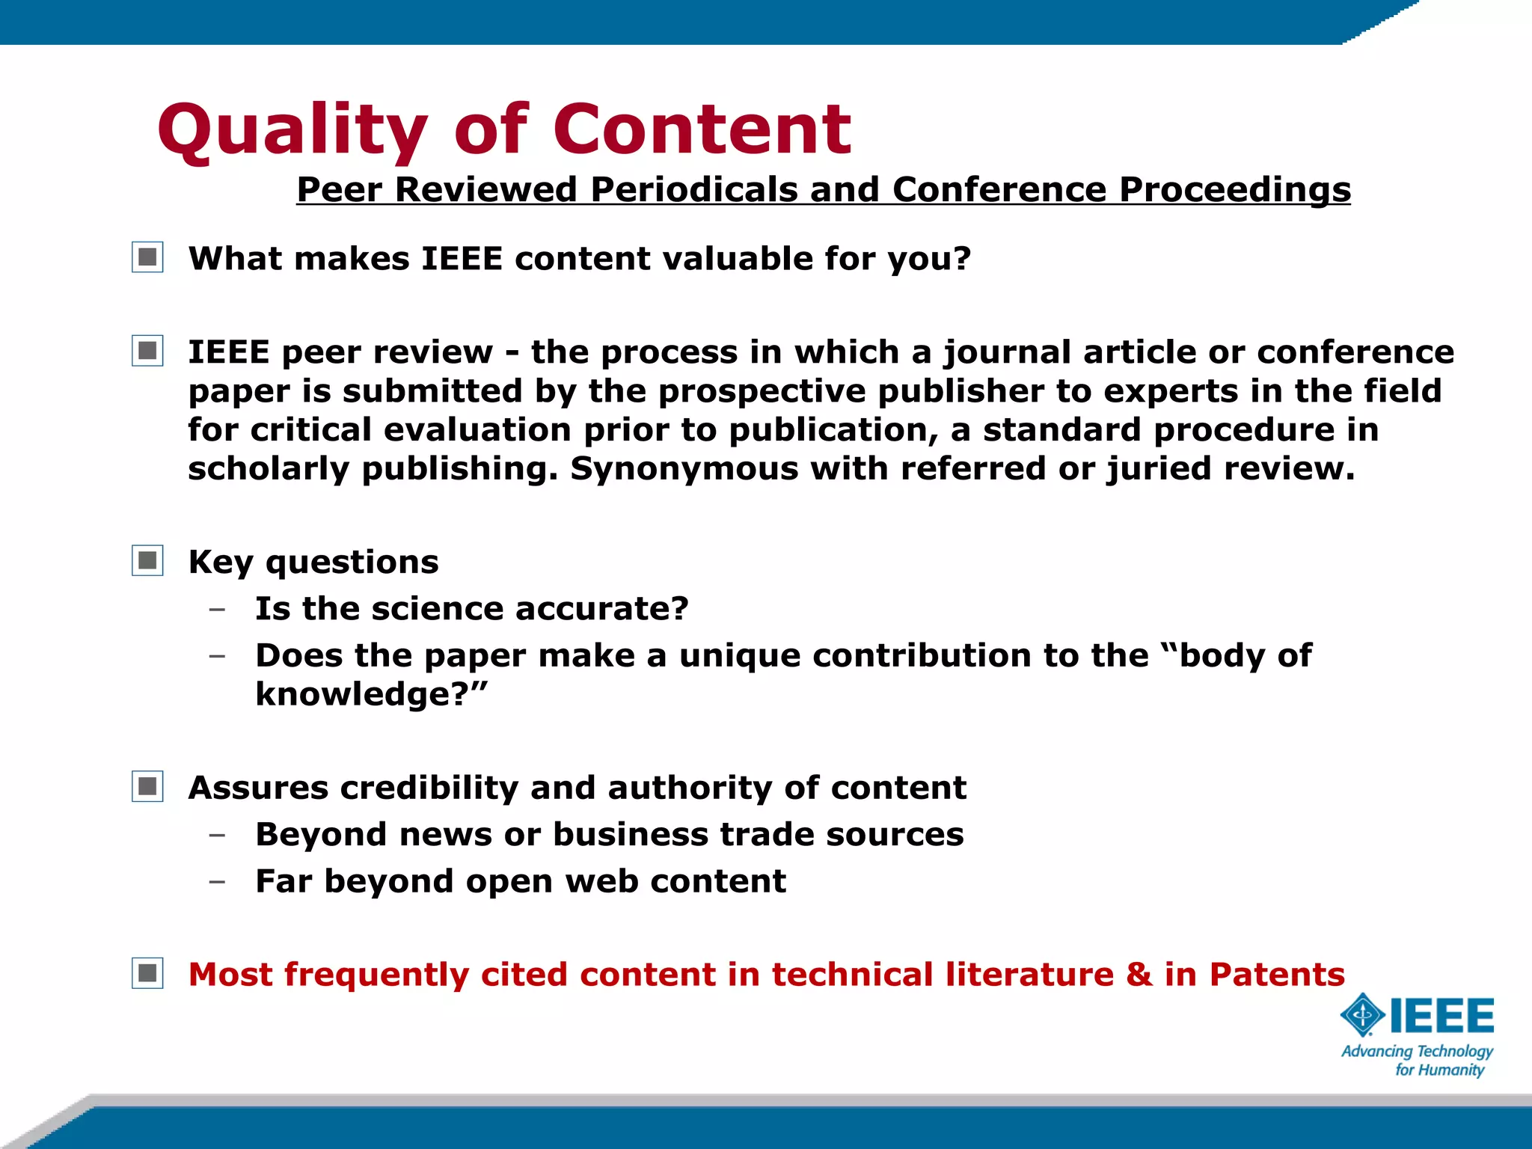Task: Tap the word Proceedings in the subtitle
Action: coord(1234,189)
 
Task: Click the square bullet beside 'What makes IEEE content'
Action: coord(147,258)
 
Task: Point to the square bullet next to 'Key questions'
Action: coord(147,561)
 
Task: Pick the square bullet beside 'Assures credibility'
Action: coord(147,787)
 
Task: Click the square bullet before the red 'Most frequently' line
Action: coord(147,973)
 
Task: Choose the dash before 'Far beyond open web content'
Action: coord(217,882)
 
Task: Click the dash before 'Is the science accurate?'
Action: coord(217,610)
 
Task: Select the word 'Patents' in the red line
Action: coord(1277,974)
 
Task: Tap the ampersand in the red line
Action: coord(1139,974)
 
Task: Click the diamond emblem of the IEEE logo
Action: coord(1362,1016)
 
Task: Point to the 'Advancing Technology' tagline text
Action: coord(1417,1051)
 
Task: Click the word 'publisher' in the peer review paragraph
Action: coord(960,391)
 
